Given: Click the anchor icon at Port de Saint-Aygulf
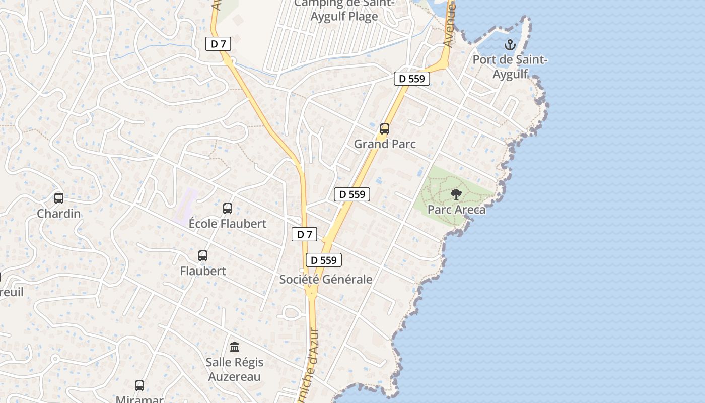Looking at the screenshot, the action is coord(510,45).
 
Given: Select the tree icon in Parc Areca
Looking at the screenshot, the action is coord(456,194).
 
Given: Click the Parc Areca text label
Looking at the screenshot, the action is coord(456,210).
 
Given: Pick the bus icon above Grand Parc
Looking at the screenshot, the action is coord(385,129).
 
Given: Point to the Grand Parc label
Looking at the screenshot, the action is coord(385,144).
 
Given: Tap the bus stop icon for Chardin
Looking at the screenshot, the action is coord(59,198).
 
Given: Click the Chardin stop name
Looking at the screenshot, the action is coord(59,214).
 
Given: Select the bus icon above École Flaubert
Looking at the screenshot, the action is coord(228,208).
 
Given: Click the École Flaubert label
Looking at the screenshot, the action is coord(228,223).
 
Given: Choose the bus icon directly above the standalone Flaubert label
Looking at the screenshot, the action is coord(203,256).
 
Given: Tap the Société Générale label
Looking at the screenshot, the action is coord(326,279).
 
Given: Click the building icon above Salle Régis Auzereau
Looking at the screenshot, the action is coord(235,347).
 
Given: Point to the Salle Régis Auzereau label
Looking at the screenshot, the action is coord(235,369).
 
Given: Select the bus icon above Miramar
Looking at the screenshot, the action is coord(139,386).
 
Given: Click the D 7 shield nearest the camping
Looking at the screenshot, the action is coord(218,44).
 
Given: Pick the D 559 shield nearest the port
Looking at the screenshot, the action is coord(411,79).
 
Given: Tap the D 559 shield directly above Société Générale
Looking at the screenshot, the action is coord(324,260).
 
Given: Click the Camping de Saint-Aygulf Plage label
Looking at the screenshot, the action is coord(336,10).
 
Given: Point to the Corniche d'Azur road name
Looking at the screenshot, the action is coord(313,363).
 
